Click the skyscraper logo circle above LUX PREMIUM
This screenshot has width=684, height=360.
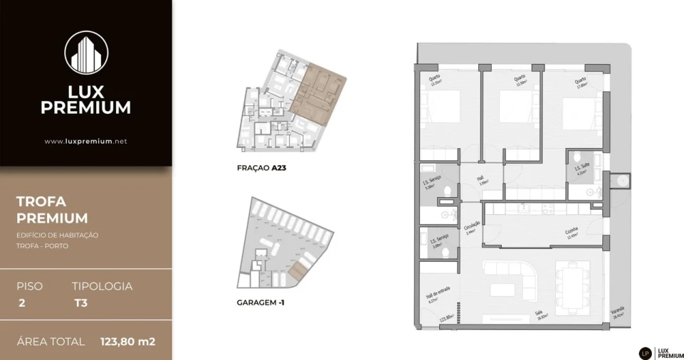(85, 52)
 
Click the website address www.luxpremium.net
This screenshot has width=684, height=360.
(85, 142)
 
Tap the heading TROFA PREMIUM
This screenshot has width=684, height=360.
(52, 210)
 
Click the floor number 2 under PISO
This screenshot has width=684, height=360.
(22, 302)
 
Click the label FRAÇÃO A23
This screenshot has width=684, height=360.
(261, 169)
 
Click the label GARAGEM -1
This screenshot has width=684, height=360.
(261, 302)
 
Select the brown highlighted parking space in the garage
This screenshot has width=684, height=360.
(299, 268)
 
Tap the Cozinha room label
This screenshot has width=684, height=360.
(572, 233)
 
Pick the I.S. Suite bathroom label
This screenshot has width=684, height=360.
(582, 168)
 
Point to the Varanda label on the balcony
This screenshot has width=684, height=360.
(617, 313)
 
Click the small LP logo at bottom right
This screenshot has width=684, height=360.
(645, 352)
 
